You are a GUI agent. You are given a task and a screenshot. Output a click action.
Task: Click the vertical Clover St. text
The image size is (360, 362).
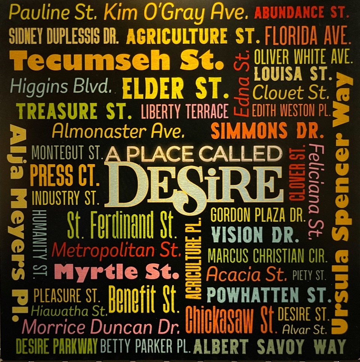296,175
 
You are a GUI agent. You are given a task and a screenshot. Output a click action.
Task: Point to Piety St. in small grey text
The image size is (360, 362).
309,276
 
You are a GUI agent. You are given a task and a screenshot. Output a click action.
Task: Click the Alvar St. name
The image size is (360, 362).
304,330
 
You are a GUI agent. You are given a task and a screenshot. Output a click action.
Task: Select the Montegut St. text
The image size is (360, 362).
67,153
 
